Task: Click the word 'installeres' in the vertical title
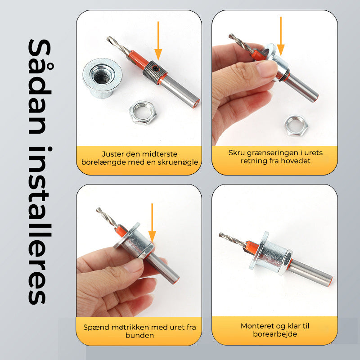(40, 226)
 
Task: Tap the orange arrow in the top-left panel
(158, 41)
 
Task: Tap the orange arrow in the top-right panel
(280, 36)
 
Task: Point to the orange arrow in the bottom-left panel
(152, 223)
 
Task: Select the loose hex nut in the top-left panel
(143, 113)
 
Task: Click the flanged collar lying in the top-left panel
(102, 78)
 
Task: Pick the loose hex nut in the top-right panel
(296, 126)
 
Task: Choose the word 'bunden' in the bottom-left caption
(139, 335)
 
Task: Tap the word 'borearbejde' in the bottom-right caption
(275, 334)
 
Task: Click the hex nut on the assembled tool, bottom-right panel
(285, 262)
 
